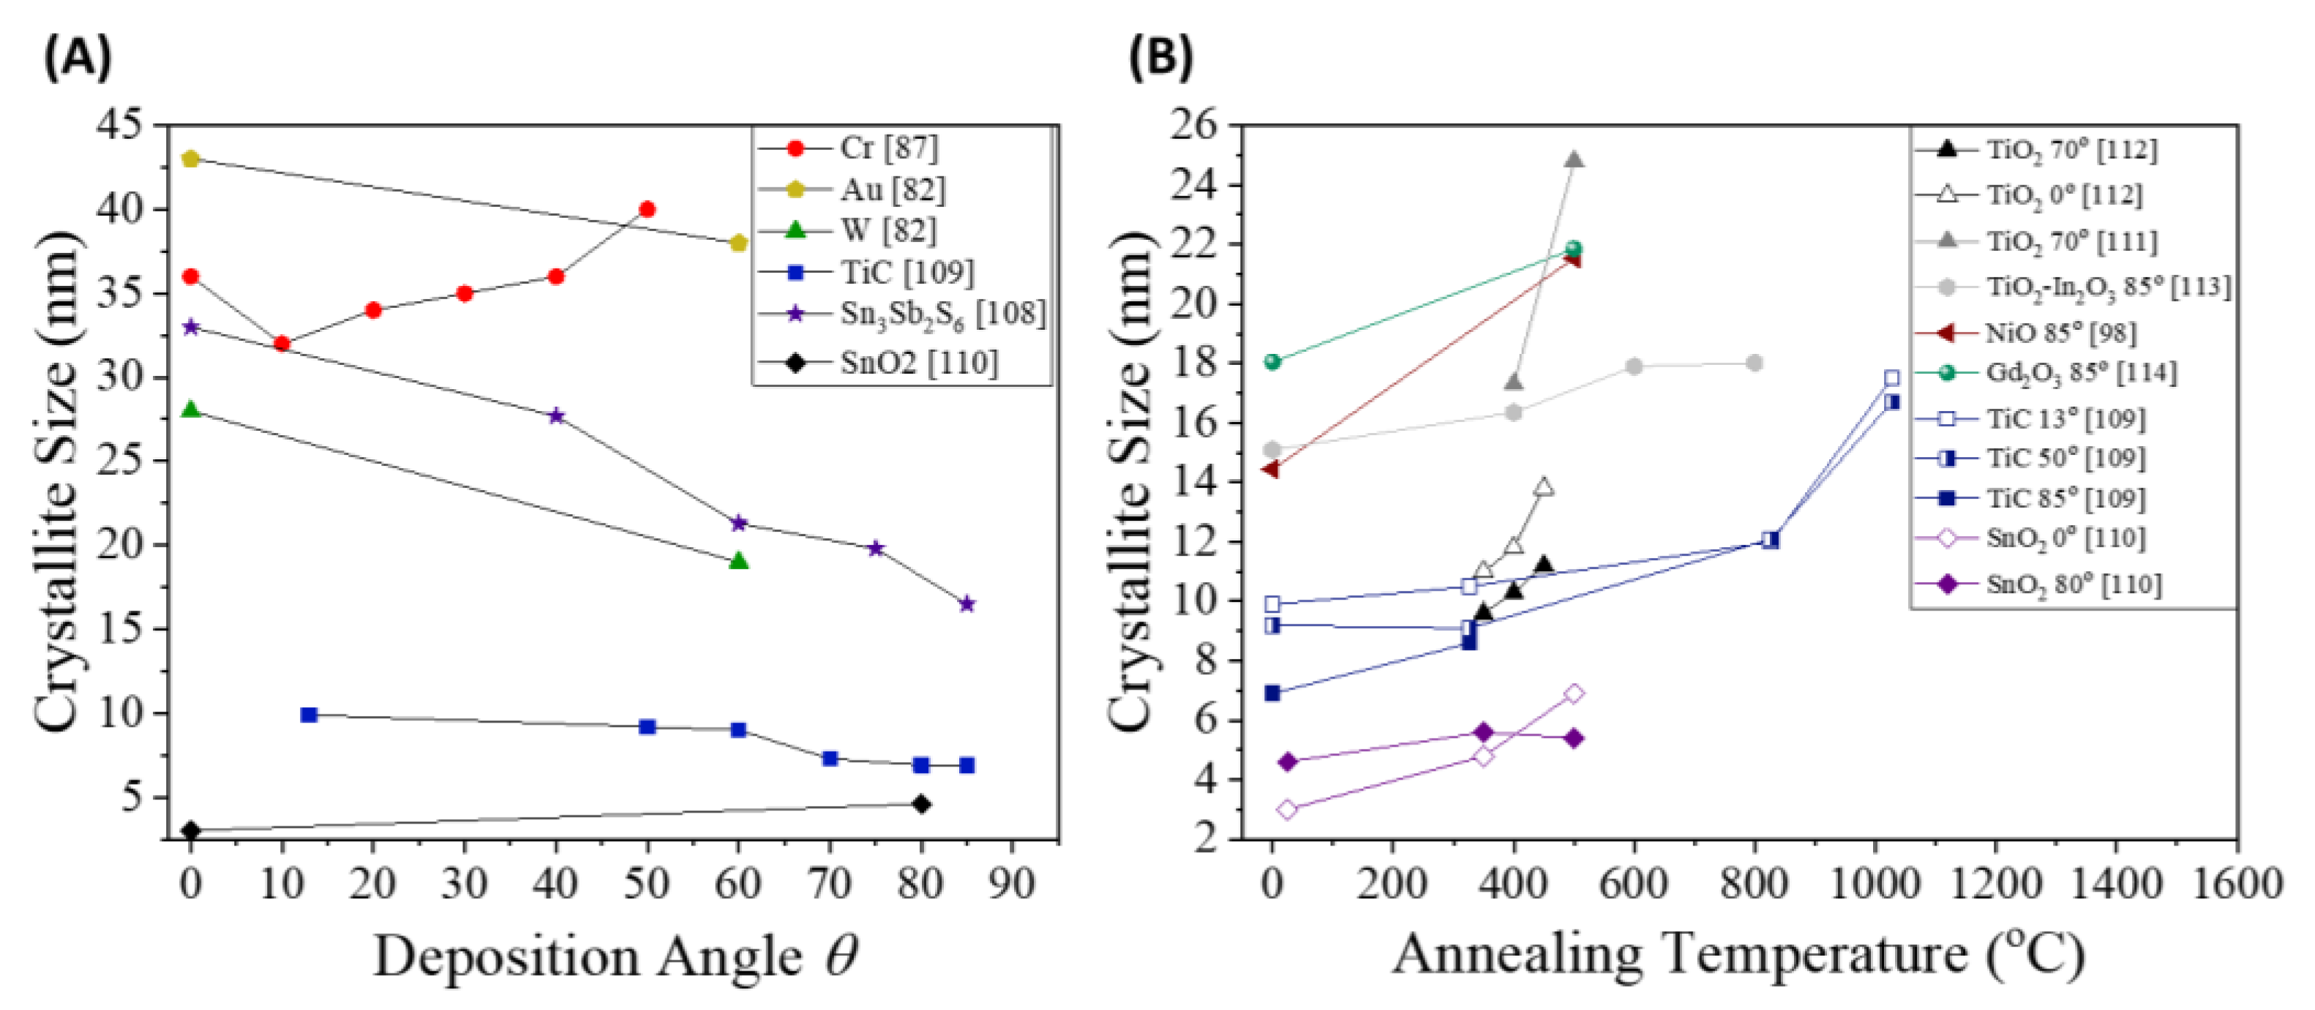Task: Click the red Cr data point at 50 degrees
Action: click(x=646, y=209)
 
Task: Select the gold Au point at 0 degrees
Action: click(x=190, y=159)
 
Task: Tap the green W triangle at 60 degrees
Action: click(x=739, y=561)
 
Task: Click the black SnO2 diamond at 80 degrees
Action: click(x=921, y=804)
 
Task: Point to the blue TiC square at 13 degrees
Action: click(x=309, y=715)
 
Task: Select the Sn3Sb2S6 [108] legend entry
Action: click(x=942, y=314)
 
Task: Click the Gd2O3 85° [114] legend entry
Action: click(x=2080, y=373)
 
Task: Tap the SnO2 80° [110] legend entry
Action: click(x=2072, y=585)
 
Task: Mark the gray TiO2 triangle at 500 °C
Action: click(x=1574, y=160)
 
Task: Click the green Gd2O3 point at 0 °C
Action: click(x=1272, y=362)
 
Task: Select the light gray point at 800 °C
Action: click(x=1755, y=363)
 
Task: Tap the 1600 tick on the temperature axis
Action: click(x=2237, y=883)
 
